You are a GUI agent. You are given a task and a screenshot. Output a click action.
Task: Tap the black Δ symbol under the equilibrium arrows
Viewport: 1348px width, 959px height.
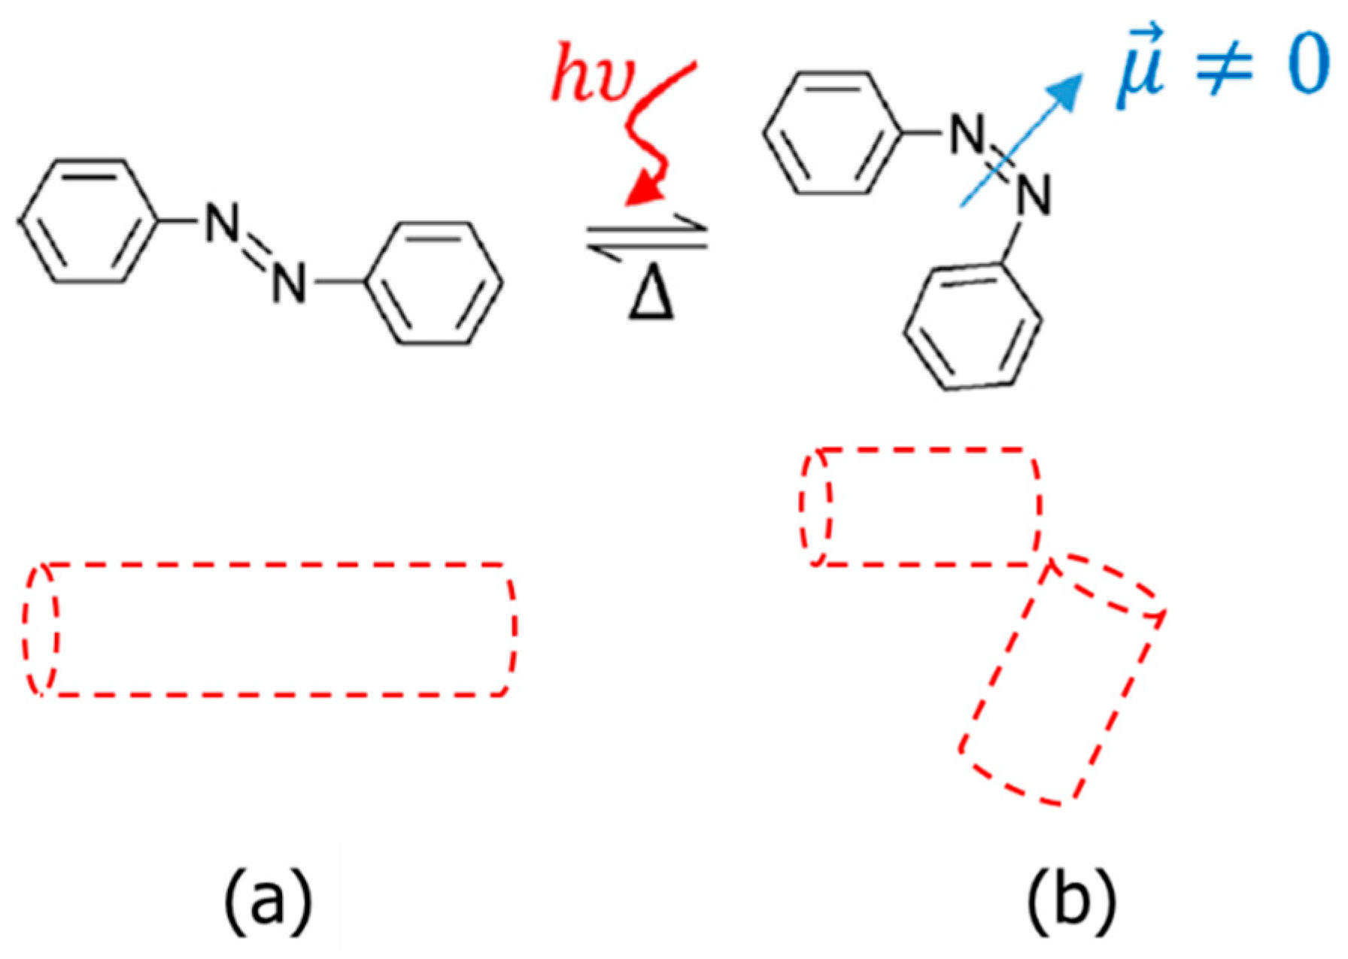pos(651,296)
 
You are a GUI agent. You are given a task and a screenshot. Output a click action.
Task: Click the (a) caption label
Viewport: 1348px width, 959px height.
pos(269,900)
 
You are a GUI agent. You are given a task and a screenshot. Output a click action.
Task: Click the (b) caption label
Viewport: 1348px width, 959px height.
pos(1071,900)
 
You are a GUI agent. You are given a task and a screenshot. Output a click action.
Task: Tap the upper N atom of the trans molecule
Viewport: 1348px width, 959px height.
pos(222,223)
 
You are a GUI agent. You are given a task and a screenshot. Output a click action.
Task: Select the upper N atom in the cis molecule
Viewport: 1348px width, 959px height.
pos(967,135)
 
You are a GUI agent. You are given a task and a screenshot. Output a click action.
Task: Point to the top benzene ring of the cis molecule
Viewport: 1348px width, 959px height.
pos(833,133)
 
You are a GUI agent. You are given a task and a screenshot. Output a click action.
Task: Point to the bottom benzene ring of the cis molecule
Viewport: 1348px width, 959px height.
pos(973,327)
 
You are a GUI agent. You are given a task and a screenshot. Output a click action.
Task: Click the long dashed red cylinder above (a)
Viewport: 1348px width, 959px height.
pos(271,630)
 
